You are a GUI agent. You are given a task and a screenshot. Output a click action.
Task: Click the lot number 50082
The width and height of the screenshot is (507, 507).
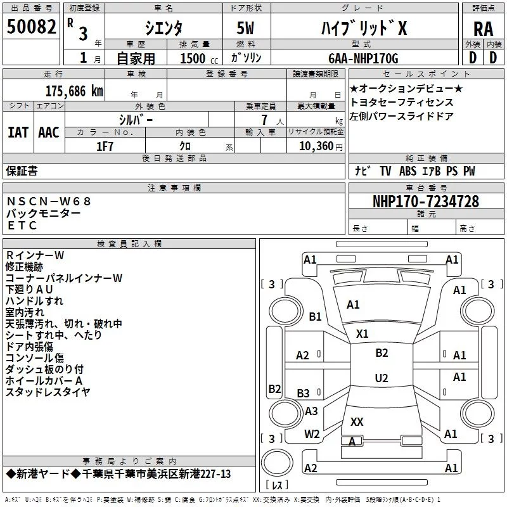[x=31, y=26]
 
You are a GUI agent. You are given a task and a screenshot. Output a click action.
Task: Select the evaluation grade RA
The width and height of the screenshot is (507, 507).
[x=484, y=29]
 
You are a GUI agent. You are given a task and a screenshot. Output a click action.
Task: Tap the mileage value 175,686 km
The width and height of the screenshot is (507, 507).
[x=74, y=91]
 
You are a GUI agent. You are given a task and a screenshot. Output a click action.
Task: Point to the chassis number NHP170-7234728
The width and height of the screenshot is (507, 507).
[x=426, y=202]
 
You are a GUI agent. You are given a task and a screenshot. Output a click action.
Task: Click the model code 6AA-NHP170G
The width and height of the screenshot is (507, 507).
[x=363, y=58]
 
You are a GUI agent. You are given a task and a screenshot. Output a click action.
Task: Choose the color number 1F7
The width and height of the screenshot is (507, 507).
[x=105, y=146]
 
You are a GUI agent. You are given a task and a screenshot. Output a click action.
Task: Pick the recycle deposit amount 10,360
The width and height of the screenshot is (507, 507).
[x=316, y=146]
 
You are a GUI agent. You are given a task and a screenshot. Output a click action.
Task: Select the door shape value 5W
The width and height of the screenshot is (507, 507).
[x=245, y=28]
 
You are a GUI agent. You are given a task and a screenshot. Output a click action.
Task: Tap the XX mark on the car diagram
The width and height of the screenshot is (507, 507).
[x=357, y=421]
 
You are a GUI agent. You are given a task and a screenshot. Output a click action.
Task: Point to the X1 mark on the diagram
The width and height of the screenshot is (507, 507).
[x=362, y=334]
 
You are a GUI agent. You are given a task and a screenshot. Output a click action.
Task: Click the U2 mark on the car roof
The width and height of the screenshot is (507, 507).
[x=382, y=378]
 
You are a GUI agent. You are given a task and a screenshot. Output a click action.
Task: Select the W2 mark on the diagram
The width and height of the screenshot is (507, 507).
[x=312, y=434]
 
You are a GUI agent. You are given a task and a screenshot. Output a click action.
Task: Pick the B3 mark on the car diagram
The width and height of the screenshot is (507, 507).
[x=303, y=393]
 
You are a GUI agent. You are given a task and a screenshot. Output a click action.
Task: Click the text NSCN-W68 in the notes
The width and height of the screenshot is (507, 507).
[x=49, y=202]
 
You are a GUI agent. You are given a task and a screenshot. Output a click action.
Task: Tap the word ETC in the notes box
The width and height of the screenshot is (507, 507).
[x=22, y=226]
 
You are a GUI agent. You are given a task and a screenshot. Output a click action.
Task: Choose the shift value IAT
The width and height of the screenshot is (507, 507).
[x=18, y=132]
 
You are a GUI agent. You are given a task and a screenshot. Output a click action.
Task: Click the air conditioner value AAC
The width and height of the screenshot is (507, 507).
[x=49, y=132]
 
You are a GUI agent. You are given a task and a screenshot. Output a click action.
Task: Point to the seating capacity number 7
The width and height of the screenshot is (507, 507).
[x=264, y=120]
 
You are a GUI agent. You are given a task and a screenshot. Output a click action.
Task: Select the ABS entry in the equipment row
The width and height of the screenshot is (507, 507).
[x=408, y=171]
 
